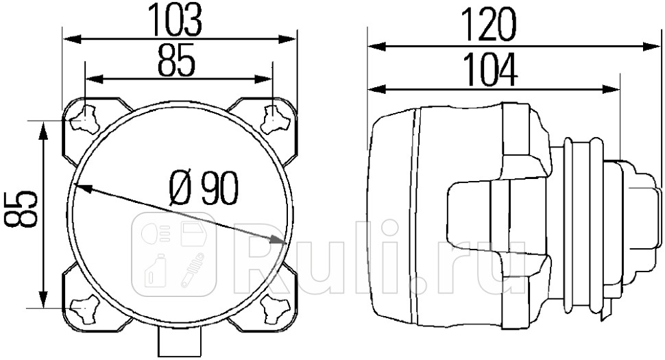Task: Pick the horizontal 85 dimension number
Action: tap(177, 61)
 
